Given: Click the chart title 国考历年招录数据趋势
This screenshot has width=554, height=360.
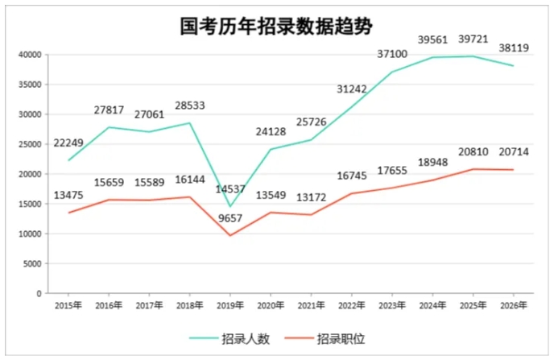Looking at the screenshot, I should [x=276, y=26].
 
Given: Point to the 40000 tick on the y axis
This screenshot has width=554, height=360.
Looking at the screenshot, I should [x=30, y=55].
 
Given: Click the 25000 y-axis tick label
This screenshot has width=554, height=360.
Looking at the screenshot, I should [x=30, y=144].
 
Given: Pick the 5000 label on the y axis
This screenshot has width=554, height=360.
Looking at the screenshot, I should [x=32, y=263].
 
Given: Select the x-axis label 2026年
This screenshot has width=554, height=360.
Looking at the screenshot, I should [x=513, y=306].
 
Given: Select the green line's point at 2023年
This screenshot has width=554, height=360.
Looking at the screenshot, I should [x=391, y=72].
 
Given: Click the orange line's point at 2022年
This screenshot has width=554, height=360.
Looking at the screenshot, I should [x=349, y=193].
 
